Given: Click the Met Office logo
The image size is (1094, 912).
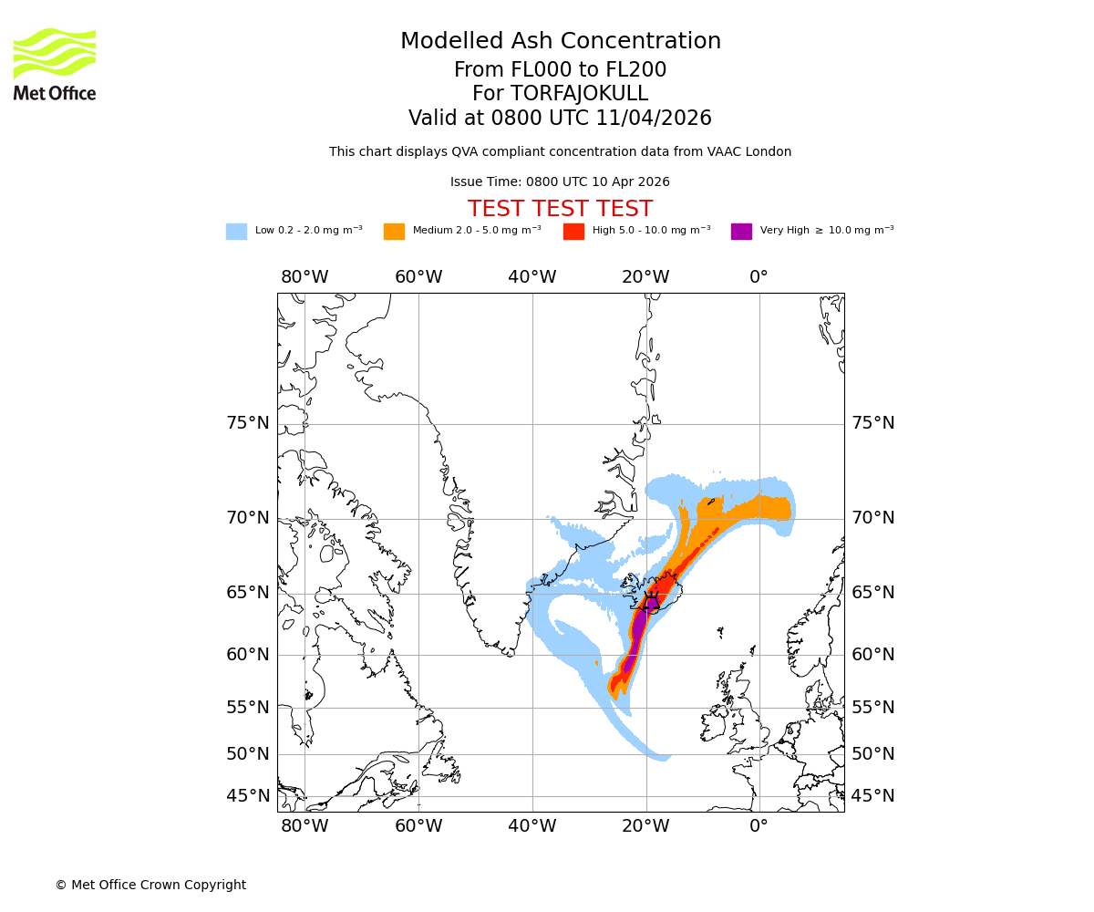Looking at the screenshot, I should tap(55, 64).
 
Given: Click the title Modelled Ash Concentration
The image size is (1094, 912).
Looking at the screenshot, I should tap(560, 41).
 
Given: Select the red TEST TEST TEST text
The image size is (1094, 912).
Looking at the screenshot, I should tap(560, 209).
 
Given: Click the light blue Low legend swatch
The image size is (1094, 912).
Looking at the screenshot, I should tap(236, 232).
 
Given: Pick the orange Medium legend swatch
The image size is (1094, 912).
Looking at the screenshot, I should tap(394, 232).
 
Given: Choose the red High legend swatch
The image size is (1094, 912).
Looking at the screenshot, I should tap(573, 232).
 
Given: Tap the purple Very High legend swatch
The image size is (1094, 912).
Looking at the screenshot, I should tap(741, 232).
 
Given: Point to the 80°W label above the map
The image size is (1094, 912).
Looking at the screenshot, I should tap(304, 277).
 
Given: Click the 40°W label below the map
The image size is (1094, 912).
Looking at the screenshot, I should tap(532, 827).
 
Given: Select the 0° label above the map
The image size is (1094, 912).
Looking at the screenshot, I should tap(759, 277).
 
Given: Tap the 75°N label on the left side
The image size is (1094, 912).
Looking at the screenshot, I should tap(248, 423).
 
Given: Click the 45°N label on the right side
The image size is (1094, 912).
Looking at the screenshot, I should tap(872, 796).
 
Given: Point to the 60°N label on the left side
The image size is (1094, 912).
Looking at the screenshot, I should tap(248, 655).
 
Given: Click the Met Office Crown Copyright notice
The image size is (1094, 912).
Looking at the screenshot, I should tap(150, 885).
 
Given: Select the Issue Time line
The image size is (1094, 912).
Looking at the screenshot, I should tap(560, 181).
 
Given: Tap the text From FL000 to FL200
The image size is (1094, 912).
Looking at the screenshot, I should tap(560, 70).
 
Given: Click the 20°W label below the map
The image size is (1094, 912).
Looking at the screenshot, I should tap(645, 827).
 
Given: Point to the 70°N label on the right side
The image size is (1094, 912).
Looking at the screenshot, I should tap(872, 518).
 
